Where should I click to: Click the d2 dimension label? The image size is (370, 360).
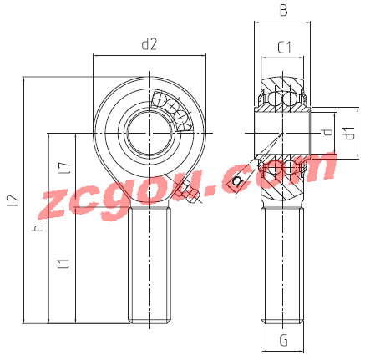point(150,44)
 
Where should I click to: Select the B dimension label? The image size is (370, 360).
point(283,11)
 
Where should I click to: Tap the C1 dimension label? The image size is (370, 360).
point(284,48)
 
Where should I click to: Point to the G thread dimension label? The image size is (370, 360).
point(283,340)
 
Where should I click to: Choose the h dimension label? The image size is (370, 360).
point(38,228)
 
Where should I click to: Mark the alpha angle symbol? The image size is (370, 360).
point(236,180)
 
